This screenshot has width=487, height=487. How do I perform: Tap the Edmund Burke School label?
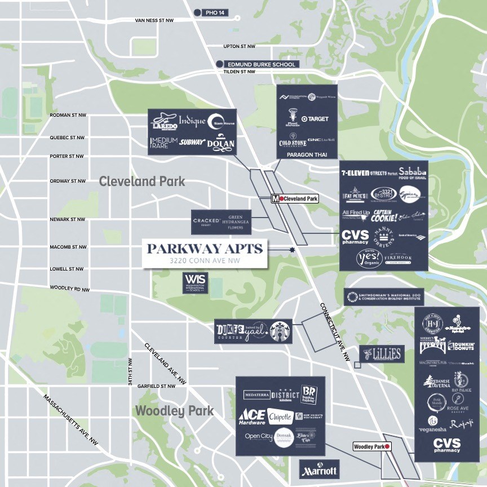click(x=260, y=64)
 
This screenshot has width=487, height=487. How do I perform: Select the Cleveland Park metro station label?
click(x=295, y=198)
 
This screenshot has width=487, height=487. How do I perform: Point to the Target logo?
click(x=315, y=119)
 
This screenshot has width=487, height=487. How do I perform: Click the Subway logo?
click(x=192, y=143)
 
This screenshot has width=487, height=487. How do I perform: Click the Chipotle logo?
click(x=280, y=417)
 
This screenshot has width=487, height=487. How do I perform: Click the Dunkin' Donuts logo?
click(x=462, y=346)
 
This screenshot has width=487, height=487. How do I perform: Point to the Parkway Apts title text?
click(x=205, y=249)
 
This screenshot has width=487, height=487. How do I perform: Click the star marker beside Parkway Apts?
click(x=292, y=250)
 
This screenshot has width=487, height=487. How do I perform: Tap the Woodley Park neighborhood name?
click(x=174, y=411)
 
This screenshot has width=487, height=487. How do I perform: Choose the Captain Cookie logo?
click(x=385, y=215)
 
